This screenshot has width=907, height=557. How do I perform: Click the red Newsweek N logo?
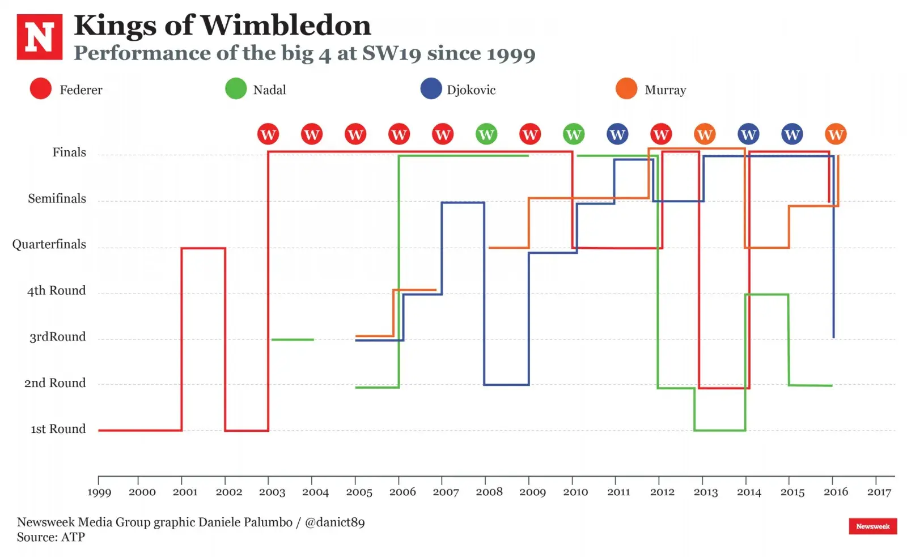tap(40, 37)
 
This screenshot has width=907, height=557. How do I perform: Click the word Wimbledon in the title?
tap(286, 25)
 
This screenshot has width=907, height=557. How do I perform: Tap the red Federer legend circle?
tap(41, 89)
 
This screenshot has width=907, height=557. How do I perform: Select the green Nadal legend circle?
tap(236, 89)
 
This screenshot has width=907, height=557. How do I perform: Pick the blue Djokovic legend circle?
tap(431, 89)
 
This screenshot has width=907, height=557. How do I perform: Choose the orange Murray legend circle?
tap(626, 89)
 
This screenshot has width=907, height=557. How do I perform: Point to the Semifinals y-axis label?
tap(57, 198)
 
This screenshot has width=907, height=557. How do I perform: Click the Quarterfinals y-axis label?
tap(49, 244)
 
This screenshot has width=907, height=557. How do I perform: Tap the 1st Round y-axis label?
tap(58, 429)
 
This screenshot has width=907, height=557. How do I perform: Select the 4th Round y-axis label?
tap(56, 291)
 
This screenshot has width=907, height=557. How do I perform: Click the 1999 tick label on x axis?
tap(99, 492)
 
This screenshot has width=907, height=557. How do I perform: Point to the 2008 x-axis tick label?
tap(489, 492)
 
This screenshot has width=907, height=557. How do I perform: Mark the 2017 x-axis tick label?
tap(879, 492)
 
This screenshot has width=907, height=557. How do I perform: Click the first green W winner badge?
tap(486, 134)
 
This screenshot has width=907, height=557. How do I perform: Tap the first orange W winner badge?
tap(705, 134)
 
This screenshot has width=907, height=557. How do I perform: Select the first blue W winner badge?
tap(617, 134)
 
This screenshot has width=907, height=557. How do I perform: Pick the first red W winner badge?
tap(268, 134)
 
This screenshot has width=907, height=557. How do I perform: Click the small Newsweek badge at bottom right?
tap(872, 526)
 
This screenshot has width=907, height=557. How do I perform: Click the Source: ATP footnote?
tap(50, 537)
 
